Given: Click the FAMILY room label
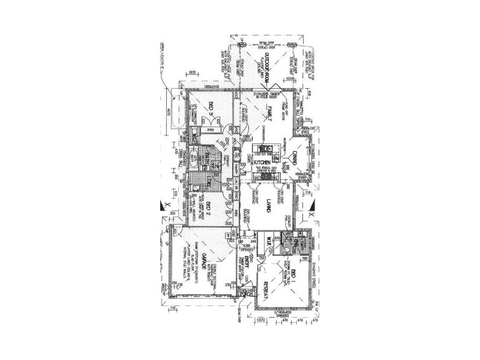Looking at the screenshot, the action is pos(271,113).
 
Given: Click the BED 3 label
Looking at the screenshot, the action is pos(211,109).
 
